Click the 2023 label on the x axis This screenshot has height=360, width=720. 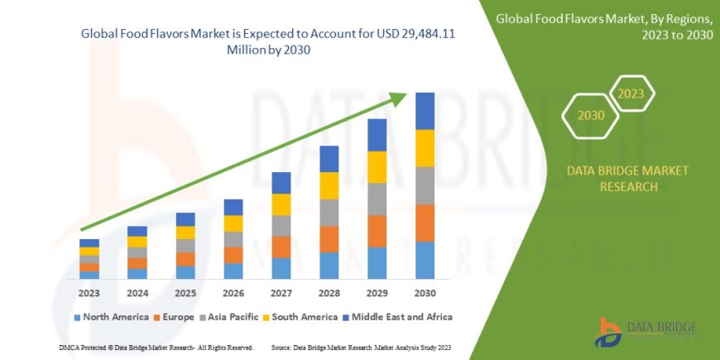[89, 292]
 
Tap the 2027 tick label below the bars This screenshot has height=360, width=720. [281, 292]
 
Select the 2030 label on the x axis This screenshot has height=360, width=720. [425, 292]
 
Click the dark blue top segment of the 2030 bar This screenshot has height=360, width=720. [425, 111]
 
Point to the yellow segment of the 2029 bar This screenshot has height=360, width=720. [377, 166]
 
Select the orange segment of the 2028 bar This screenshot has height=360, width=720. [329, 239]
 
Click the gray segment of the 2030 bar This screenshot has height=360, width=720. [425, 185]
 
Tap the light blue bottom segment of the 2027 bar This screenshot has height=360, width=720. [281, 268]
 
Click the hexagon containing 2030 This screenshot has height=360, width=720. [590, 116]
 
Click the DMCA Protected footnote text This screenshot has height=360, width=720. [156, 347]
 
